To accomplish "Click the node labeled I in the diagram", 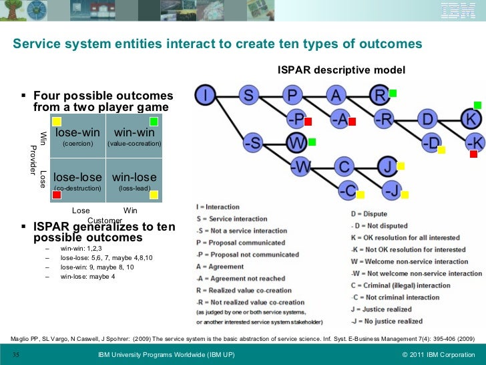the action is tap(206, 96).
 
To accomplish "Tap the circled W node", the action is tap(296, 142).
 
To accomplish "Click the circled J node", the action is tap(387, 165).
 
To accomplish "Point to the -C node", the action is tap(346, 190).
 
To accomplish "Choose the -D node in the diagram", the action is tap(431, 142).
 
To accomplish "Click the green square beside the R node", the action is tap(393, 93).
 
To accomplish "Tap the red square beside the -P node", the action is tap(308, 121).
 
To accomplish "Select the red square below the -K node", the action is tap(473, 154).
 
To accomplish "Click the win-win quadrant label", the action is tap(134, 132).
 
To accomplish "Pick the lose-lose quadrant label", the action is tap(77, 177).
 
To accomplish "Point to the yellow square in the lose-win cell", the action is tap(57, 121).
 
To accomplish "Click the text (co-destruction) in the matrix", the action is tap(77, 189).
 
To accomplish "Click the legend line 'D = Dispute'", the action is tap(369, 213).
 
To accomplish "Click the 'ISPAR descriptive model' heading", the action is tap(341, 70).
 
